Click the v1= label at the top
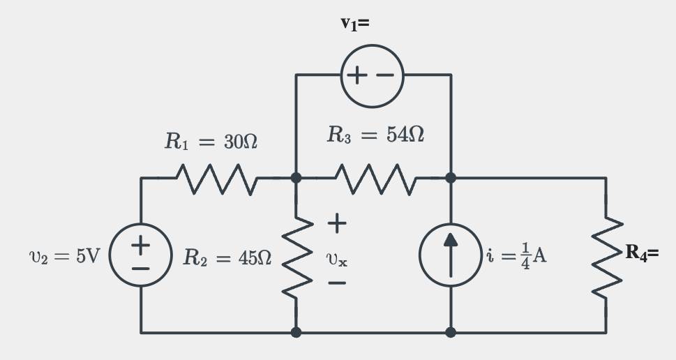click(x=355, y=24)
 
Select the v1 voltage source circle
click(x=373, y=75)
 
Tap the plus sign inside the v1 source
click(x=358, y=75)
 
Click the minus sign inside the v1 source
click(x=386, y=75)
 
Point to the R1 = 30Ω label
click(x=211, y=142)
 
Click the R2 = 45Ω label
click(x=227, y=257)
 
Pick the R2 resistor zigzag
click(x=296, y=256)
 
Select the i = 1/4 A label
click(x=517, y=255)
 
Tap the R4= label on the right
click(x=641, y=253)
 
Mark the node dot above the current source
click(x=451, y=178)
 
